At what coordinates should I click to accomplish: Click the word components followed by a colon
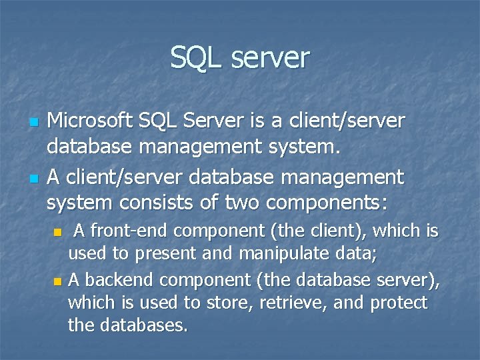328,201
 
